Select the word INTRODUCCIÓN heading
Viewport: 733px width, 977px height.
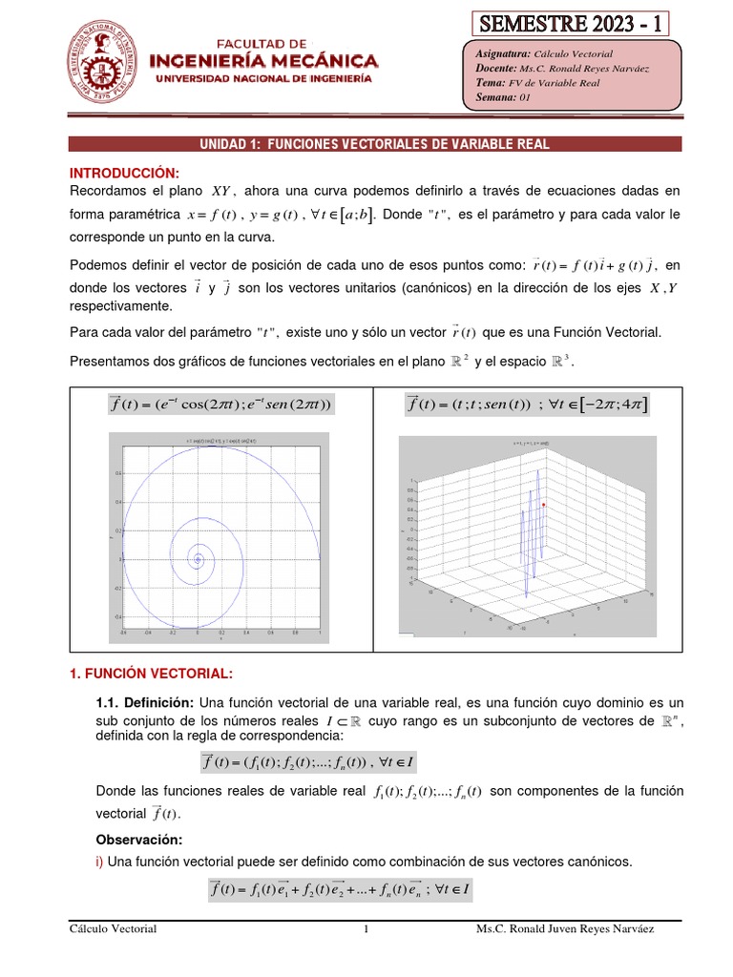click(124, 172)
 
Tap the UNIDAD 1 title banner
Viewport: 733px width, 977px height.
click(375, 144)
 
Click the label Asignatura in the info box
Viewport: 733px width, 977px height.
click(502, 54)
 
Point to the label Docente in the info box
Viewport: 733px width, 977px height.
click(494, 69)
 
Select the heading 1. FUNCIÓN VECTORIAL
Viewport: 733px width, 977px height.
click(151, 674)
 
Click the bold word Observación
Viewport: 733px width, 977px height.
click(139, 840)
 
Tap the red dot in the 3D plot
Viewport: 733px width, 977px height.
click(543, 504)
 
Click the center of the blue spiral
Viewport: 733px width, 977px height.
click(198, 558)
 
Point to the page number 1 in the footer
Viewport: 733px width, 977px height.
click(366, 928)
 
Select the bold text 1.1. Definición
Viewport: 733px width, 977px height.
click(145, 702)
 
